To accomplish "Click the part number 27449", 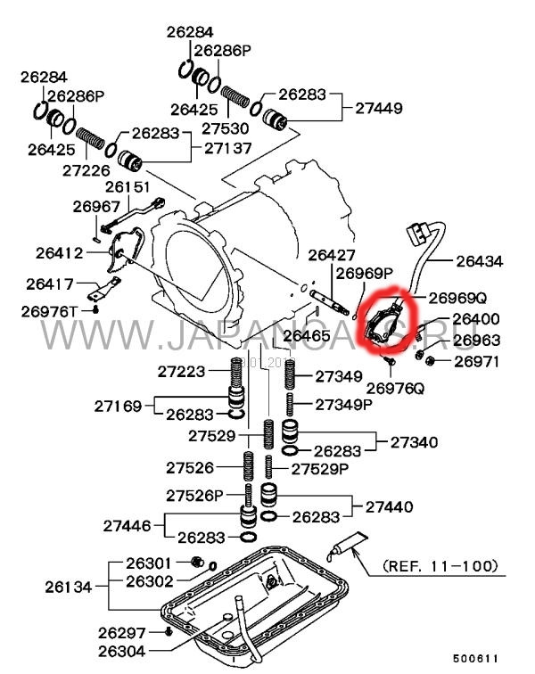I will (378, 108).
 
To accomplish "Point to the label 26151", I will (129, 187).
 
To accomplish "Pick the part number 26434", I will (479, 262).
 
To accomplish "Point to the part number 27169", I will (119, 406).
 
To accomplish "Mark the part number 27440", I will (389, 506).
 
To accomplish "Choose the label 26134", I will (70, 587).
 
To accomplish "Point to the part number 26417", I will (50, 284).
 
